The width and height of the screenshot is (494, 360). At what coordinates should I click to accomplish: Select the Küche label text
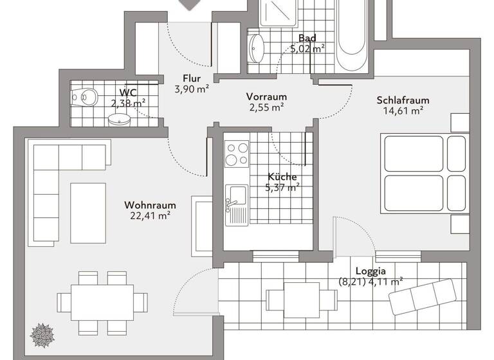[282, 177]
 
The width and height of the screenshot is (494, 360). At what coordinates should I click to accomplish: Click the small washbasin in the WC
[119, 119]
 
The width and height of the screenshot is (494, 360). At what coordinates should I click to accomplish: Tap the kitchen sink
[236, 197]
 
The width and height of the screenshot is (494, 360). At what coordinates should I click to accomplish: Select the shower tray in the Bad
[277, 13]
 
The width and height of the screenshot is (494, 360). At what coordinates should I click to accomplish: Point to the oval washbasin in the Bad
[255, 46]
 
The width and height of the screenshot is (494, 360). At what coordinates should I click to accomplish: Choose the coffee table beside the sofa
[87, 213]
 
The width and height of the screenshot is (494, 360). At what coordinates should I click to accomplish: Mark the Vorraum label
[266, 96]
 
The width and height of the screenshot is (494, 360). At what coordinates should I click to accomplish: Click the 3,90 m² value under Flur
[192, 90]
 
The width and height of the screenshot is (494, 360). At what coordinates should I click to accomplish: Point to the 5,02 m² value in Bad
[307, 48]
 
